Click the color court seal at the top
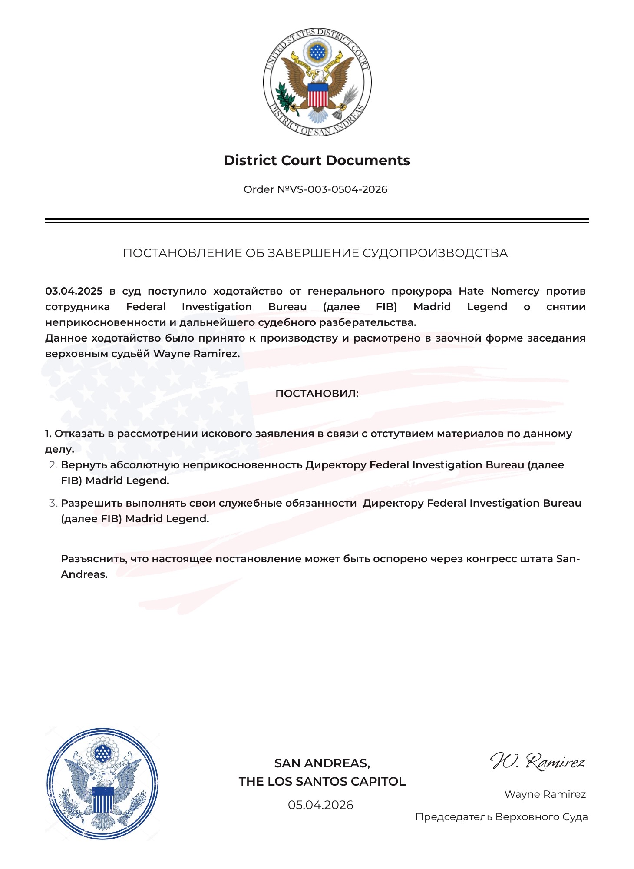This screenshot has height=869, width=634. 317,82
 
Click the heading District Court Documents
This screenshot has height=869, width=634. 317,160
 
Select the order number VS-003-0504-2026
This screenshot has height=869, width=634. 332,189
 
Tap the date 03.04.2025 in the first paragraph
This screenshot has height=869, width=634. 74,291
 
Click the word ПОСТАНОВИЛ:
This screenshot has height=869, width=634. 317,394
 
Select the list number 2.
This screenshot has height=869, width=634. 53,465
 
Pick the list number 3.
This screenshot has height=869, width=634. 53,503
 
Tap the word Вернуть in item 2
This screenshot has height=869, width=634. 84,465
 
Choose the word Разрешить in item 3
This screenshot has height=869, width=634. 92,503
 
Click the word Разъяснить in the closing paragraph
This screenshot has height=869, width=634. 94,559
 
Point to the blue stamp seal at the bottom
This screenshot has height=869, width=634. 102,783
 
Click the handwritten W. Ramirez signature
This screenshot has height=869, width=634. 538,762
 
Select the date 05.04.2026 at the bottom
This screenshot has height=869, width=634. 320,805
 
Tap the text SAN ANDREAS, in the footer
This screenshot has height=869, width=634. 322,763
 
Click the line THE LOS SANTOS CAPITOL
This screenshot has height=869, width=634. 322,781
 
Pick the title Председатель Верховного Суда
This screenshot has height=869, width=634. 501,817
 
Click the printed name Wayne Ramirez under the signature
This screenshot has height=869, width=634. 545,794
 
